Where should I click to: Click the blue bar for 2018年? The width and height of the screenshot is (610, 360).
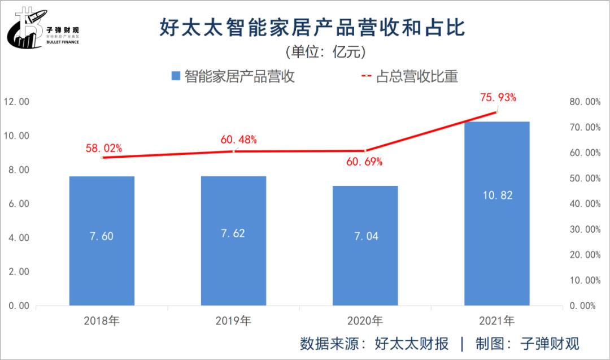[x=102, y=241]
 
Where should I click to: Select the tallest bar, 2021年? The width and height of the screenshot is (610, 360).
[x=497, y=214]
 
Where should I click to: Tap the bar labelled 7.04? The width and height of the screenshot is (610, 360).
[x=365, y=246]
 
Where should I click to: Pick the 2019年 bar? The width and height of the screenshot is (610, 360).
[x=233, y=241]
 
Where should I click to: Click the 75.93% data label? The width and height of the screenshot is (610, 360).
[x=498, y=97]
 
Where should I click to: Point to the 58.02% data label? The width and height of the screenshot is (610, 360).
[x=104, y=148]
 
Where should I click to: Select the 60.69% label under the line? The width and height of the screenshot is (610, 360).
[x=364, y=162]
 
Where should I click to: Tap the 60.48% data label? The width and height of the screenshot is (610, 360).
[x=238, y=140]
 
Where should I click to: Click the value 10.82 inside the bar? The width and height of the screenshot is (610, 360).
[x=498, y=195]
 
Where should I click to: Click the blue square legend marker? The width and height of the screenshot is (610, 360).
[x=176, y=76]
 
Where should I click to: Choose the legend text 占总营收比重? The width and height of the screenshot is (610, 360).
[x=417, y=76]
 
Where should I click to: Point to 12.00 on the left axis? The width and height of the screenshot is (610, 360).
[x=16, y=102]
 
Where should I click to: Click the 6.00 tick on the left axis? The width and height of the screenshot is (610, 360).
[x=19, y=203]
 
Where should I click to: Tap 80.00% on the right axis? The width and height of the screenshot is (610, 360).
[x=585, y=102]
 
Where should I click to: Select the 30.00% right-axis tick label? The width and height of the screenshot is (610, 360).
[x=585, y=229]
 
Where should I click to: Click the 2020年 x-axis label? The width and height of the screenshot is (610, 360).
[x=365, y=320]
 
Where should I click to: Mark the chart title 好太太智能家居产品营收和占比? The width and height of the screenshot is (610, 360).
[x=312, y=27]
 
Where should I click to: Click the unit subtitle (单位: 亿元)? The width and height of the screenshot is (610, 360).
[x=326, y=52]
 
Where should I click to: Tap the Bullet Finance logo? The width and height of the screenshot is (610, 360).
[x=43, y=28]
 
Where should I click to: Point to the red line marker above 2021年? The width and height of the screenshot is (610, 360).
[x=497, y=112]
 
